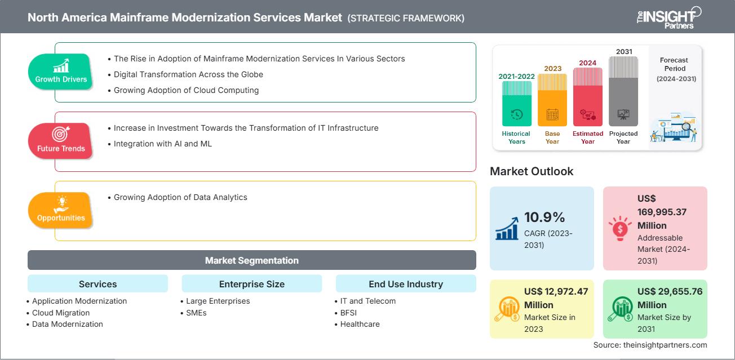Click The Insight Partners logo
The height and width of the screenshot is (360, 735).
pyautogui.click(x=668, y=17)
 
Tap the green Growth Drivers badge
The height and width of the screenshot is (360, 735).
pyautogui.click(x=61, y=72)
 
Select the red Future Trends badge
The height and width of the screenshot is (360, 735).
pyautogui.click(x=61, y=141)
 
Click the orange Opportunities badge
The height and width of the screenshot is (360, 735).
pyautogui.click(x=61, y=210)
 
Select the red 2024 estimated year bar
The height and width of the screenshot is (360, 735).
pyautogui.click(x=588, y=96)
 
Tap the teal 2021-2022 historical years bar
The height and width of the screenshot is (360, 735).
pyautogui.click(x=516, y=104)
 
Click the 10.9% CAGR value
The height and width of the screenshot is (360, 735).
pyautogui.click(x=544, y=217)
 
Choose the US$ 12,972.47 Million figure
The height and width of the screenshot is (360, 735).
pyautogui.click(x=556, y=298)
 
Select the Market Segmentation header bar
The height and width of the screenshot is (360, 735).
pyautogui.click(x=251, y=260)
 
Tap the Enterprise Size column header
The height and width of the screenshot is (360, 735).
pyautogui.click(x=251, y=284)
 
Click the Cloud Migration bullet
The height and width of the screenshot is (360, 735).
pyautogui.click(x=61, y=313)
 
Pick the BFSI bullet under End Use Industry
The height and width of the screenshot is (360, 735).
pyautogui.click(x=348, y=313)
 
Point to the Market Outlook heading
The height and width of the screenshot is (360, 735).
pyautogui.click(x=532, y=171)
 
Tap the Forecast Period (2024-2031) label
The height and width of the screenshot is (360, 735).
pyautogui.click(x=675, y=69)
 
